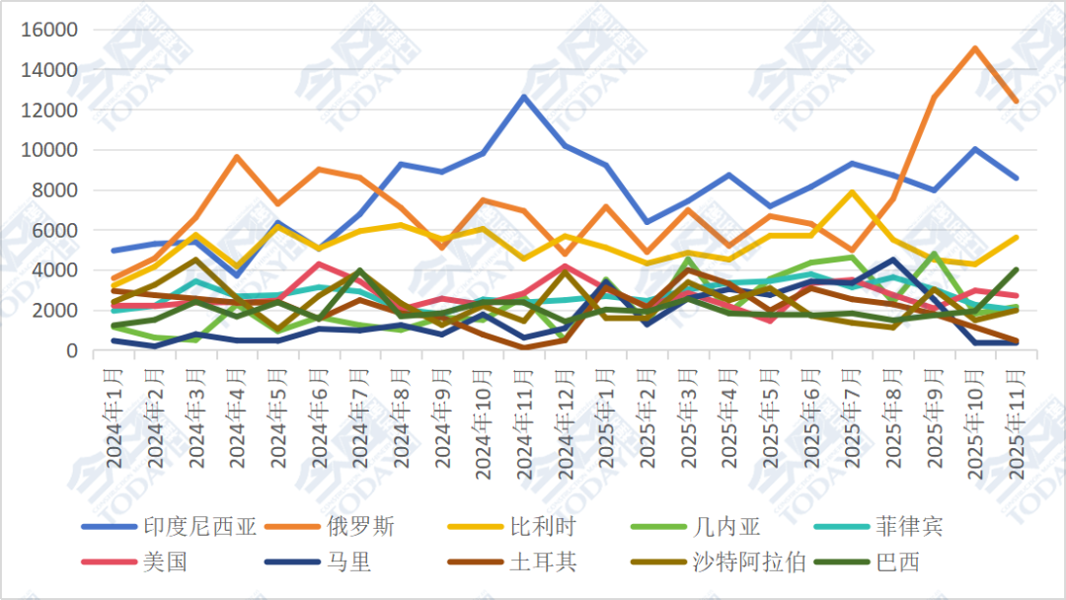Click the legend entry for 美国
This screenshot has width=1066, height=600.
[165, 562]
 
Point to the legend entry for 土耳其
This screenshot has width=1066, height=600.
[543, 562]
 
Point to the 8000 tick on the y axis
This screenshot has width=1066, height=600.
[57, 190]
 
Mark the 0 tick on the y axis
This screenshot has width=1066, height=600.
[72, 350]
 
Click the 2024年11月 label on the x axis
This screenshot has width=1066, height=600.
[522, 419]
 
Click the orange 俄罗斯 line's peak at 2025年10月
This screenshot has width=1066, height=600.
[974, 48]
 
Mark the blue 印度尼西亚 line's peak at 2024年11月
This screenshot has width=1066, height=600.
[523, 96]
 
